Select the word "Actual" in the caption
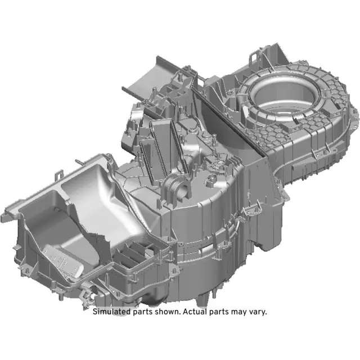click(197, 311)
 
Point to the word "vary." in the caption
click(256, 311)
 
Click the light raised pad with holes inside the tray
click(59, 259)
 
